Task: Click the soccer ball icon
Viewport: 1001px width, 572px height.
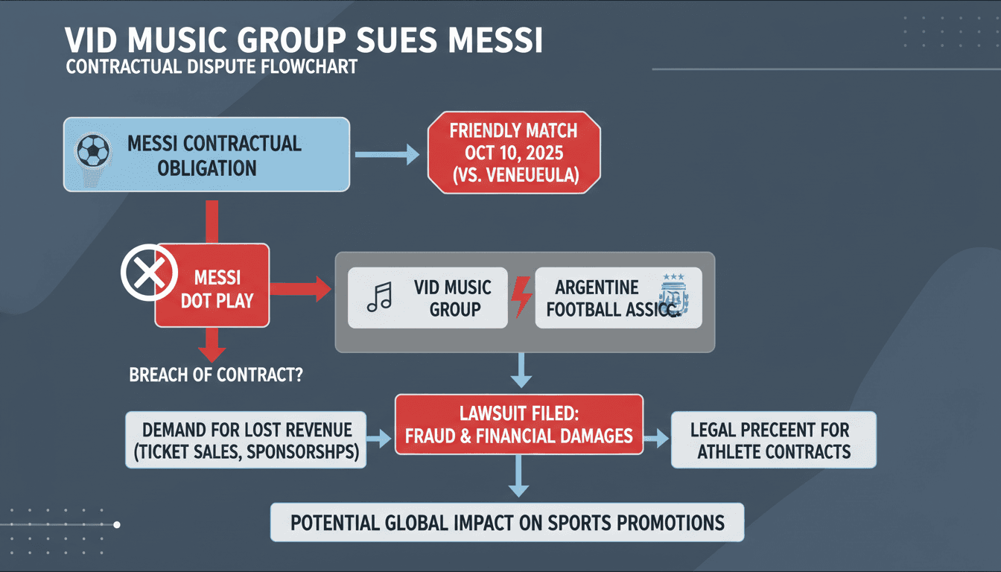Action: [x=93, y=151]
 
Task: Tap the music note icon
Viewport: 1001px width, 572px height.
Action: [x=378, y=298]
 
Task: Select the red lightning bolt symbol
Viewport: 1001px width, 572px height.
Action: [x=521, y=296]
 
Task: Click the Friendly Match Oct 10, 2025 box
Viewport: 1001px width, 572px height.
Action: [x=513, y=154]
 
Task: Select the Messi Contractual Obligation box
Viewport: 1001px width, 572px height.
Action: [x=206, y=155]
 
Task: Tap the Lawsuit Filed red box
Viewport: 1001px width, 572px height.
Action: [x=518, y=424]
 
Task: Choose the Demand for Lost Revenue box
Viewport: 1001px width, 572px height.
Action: [x=246, y=440]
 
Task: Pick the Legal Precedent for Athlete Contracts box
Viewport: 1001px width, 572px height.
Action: [x=773, y=440]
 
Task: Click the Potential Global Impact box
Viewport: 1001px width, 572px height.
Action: [x=506, y=522]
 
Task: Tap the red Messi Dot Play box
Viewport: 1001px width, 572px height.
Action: [x=212, y=289]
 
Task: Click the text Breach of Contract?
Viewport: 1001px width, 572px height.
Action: [x=216, y=375]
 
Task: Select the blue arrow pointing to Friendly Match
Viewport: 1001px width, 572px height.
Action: [x=387, y=155]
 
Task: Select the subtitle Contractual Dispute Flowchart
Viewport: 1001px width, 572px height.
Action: [x=212, y=66]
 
